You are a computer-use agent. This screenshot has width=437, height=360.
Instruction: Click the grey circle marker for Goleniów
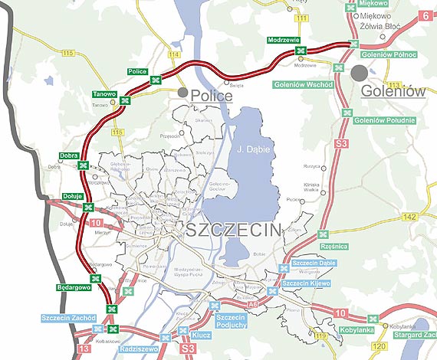(360, 73)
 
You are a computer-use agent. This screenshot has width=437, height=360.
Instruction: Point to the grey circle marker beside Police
(182, 93)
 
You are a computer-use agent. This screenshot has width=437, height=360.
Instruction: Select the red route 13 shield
(83, 349)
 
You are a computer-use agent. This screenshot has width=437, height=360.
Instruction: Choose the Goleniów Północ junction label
(389, 55)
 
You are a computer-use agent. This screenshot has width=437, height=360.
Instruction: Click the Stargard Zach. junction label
(414, 335)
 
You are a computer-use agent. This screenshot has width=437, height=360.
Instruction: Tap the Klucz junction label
(202, 335)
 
